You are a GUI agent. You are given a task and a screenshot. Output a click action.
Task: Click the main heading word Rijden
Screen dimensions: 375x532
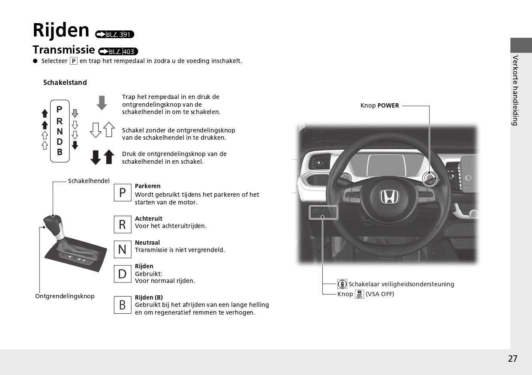[x=61, y=30]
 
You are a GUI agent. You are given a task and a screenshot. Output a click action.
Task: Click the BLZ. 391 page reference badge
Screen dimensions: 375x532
[x=115, y=35]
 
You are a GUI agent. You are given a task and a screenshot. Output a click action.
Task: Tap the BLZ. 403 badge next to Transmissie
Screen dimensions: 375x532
[x=118, y=52]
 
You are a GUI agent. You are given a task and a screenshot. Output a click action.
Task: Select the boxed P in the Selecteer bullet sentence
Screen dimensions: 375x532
[x=74, y=61]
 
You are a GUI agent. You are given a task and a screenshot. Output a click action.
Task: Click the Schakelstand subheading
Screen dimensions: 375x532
[x=65, y=82]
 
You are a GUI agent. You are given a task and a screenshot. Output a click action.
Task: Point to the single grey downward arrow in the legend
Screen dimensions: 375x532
[x=102, y=103]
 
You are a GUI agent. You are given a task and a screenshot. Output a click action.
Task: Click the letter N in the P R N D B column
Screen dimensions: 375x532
[x=60, y=132]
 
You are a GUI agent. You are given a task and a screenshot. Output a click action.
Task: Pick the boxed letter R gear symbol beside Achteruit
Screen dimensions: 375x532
[x=123, y=225]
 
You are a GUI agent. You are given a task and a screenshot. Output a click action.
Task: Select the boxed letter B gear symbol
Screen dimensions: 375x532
[x=123, y=305]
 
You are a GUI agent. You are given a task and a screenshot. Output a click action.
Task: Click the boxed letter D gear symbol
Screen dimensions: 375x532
[x=123, y=274]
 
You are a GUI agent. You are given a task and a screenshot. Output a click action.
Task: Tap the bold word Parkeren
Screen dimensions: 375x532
[x=147, y=186]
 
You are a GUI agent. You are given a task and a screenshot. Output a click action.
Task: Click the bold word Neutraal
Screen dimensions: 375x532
[x=147, y=243]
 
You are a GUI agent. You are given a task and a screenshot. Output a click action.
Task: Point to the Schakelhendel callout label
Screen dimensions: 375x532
[x=89, y=181]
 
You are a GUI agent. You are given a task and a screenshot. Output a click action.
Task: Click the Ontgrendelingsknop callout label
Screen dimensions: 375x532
[x=65, y=296]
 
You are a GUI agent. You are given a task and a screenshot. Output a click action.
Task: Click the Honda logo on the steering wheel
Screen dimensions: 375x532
[x=389, y=197]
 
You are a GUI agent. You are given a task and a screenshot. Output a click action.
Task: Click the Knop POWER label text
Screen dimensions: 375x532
[x=379, y=105]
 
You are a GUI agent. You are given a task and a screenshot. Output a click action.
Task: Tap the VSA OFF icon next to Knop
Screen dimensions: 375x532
[x=359, y=294]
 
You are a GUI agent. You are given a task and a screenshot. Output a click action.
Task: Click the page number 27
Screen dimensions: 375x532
[x=513, y=359]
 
